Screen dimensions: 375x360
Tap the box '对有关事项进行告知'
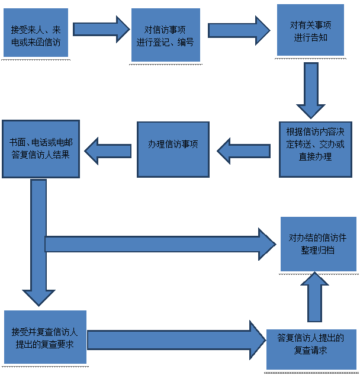tap(310, 30)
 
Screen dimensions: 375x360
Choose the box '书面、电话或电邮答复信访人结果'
tap(40, 148)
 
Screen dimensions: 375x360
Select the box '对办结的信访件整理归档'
tap(318, 243)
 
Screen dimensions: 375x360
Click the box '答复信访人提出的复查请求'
tap(310, 344)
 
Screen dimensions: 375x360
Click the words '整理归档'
tap(318, 250)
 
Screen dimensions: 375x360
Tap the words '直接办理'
tap(315, 157)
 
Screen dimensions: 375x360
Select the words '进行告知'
tap(310, 37)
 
